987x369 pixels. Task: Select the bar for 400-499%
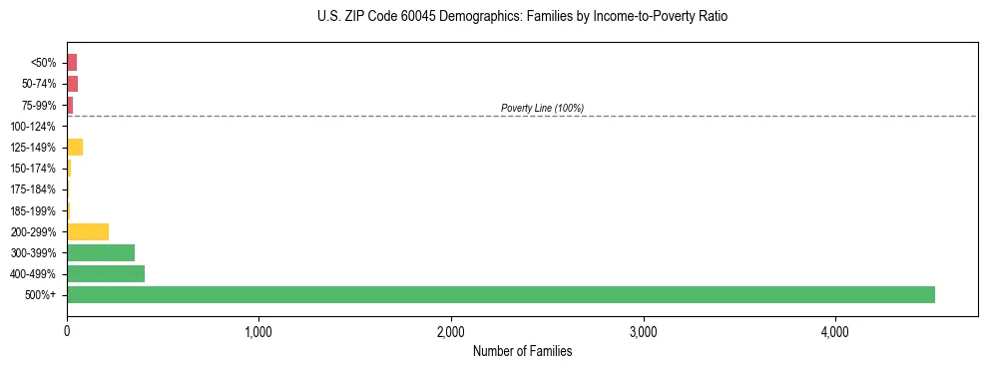[x=106, y=273]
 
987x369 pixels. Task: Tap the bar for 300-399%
[x=101, y=252]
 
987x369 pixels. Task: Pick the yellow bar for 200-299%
[x=88, y=231]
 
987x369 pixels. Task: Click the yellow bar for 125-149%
[x=75, y=147]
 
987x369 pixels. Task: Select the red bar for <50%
[x=72, y=62]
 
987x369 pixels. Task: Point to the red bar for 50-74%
[x=72, y=83]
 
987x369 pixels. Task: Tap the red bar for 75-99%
[x=70, y=105]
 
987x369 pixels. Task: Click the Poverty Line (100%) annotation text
[x=542, y=108]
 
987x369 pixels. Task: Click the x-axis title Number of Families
[x=522, y=351]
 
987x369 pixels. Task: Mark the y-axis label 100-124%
[x=33, y=127]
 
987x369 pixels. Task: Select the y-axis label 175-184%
[x=33, y=189]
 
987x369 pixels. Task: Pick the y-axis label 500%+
[x=40, y=295]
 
